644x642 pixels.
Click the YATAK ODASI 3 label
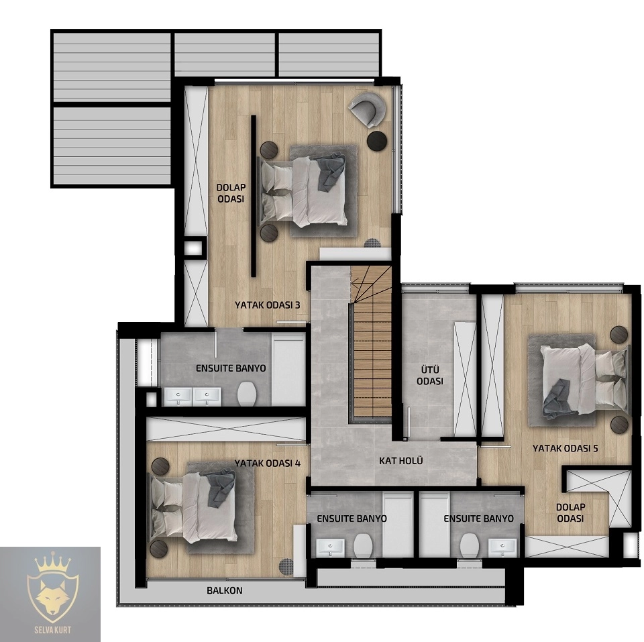tap(268, 305)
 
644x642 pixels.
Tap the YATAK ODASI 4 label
tap(268, 464)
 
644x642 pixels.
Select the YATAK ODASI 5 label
tap(565, 448)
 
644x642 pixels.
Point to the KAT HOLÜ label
tap(401, 461)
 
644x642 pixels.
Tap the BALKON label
tap(225, 590)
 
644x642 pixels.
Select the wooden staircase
tap(372, 343)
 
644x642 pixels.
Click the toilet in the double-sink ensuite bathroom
tap(247, 394)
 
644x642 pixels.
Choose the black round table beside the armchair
tap(377, 140)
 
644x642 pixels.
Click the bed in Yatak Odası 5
tap(582, 380)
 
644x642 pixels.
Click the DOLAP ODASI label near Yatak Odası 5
tap(571, 513)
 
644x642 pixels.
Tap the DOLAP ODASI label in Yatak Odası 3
tap(231, 193)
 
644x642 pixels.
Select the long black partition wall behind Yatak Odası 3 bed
tap(254, 195)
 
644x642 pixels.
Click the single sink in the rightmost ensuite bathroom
tap(502, 547)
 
